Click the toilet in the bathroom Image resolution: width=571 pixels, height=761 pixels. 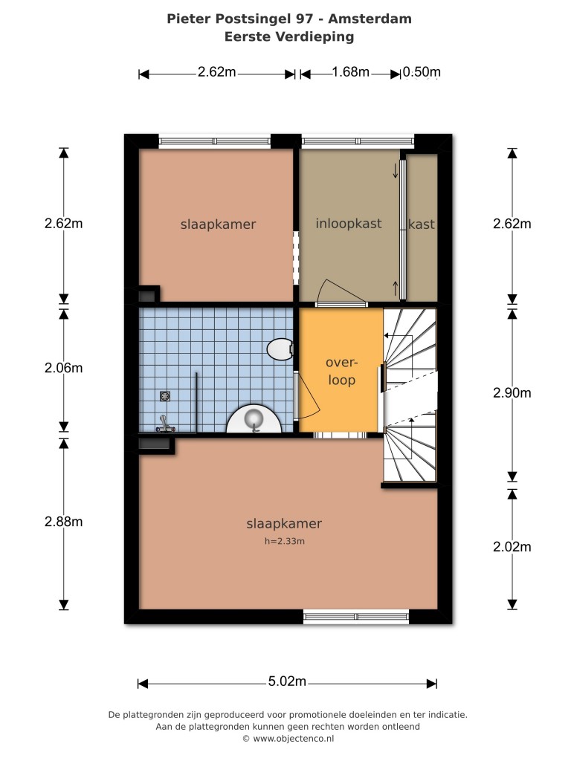pyautogui.click(x=280, y=349)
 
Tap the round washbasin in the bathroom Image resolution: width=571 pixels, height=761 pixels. pyautogui.click(x=254, y=418)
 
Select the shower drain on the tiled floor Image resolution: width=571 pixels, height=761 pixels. pyautogui.click(x=165, y=396)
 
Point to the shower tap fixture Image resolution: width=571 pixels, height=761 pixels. pyautogui.click(x=165, y=424)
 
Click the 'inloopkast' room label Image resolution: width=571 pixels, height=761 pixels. pyautogui.click(x=349, y=224)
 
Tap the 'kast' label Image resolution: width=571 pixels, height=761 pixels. pyautogui.click(x=422, y=224)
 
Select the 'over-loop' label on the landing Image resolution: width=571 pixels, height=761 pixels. pyautogui.click(x=341, y=372)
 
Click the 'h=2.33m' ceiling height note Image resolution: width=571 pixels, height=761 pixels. pyautogui.click(x=285, y=541)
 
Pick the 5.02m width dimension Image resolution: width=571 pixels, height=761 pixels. pyautogui.click(x=287, y=681)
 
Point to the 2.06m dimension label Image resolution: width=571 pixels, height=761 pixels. pyautogui.click(x=64, y=368)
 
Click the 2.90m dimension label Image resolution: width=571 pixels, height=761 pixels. pyautogui.click(x=512, y=392)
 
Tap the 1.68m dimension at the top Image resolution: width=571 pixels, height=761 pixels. pyautogui.click(x=351, y=72)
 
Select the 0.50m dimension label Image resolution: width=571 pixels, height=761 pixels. pyautogui.click(x=422, y=72)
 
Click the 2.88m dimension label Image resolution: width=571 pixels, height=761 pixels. pyautogui.click(x=64, y=522)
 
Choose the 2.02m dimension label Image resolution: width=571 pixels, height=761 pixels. pyautogui.click(x=512, y=547)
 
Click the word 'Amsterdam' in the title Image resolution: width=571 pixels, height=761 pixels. pyautogui.click(x=370, y=19)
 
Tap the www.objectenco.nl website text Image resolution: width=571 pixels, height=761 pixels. pyautogui.click(x=293, y=739)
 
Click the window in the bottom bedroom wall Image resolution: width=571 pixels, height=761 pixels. pyautogui.click(x=356, y=617)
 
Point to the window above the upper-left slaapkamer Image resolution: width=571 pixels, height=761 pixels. pyautogui.click(x=215, y=141)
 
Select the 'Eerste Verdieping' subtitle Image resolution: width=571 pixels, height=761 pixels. pyautogui.click(x=289, y=37)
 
